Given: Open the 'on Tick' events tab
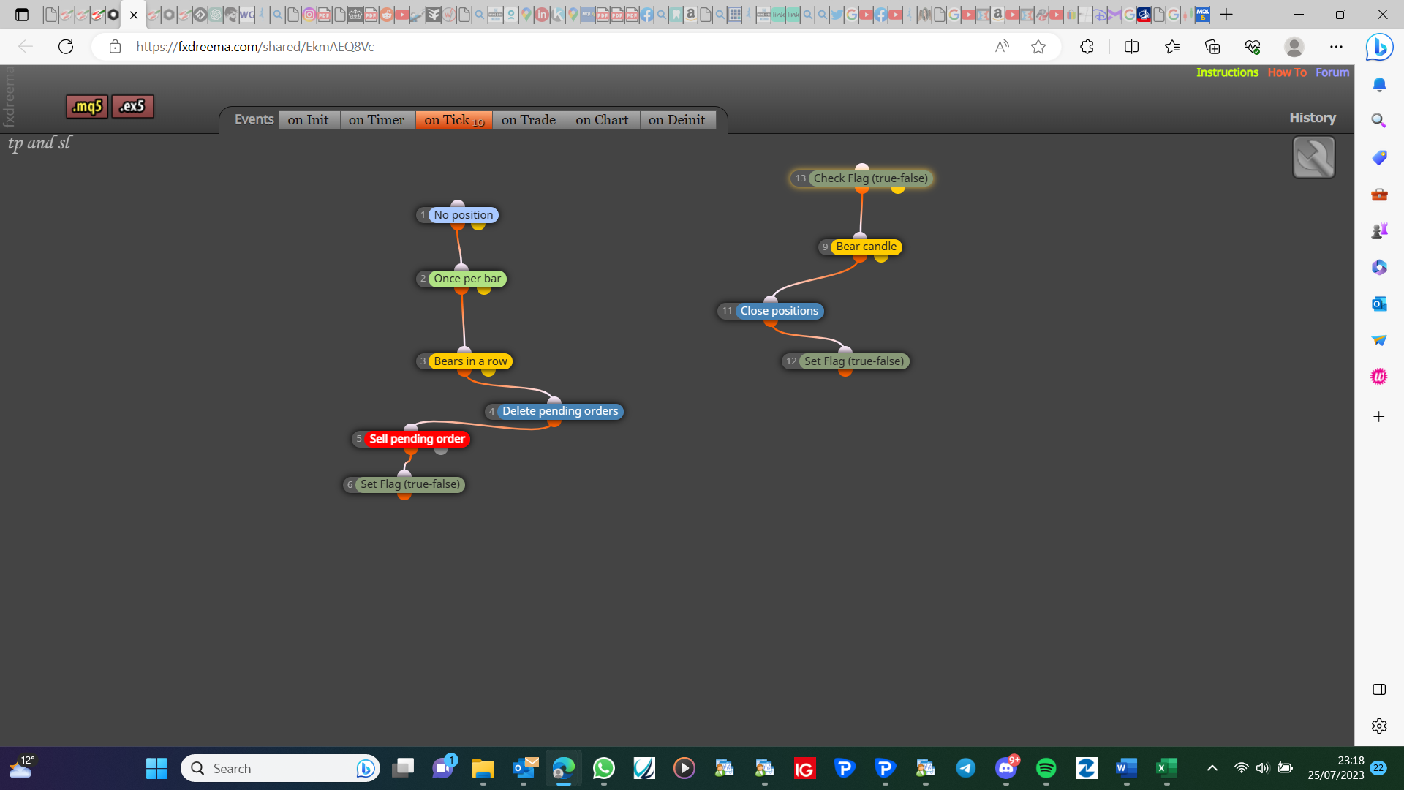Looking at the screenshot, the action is point(454,120).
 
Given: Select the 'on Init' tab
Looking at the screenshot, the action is point(309,120).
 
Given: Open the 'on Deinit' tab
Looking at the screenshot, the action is point(676,120).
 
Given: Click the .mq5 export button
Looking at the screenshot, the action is point(87,107).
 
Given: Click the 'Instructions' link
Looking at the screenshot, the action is point(1227,72).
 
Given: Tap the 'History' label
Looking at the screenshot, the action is point(1313,118).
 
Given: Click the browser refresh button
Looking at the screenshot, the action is point(66,47).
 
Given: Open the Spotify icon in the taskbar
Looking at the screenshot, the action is point(1046,768).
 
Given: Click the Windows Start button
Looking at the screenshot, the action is point(156,768).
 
